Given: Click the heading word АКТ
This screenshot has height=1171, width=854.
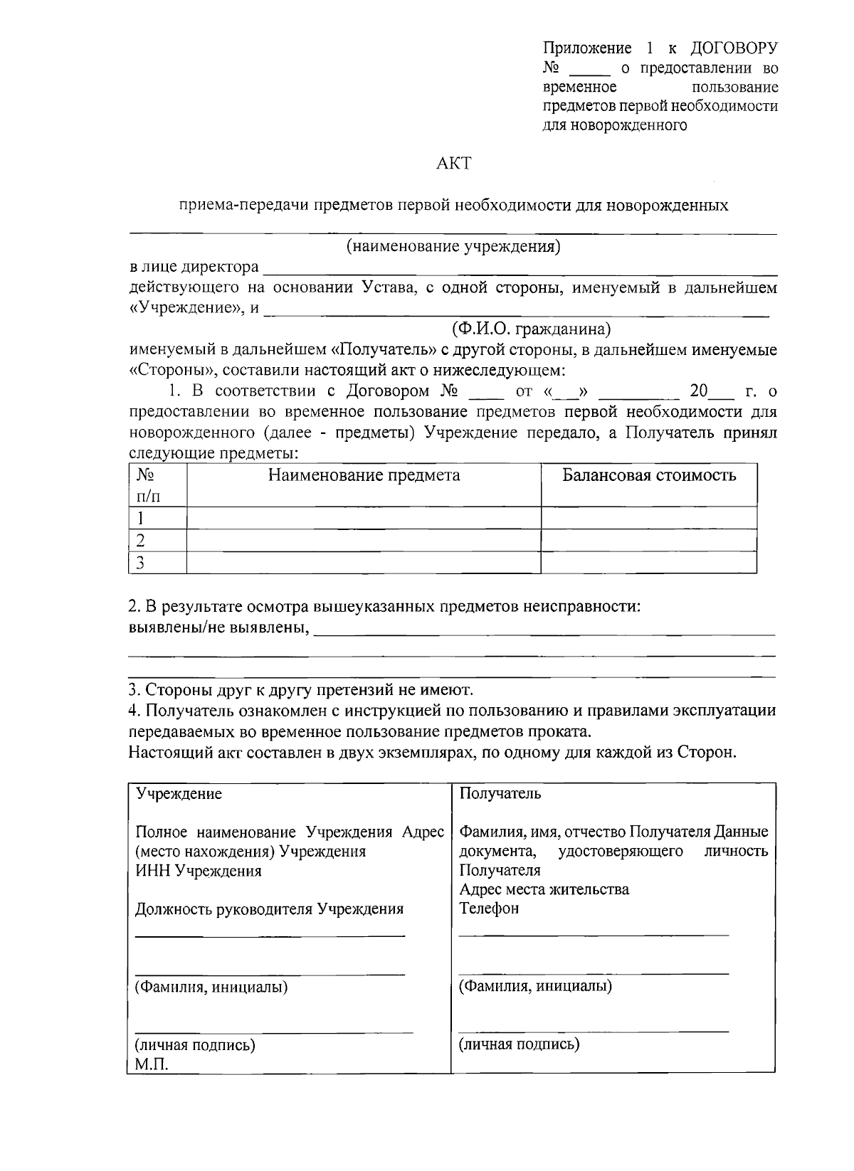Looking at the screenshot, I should [453, 164].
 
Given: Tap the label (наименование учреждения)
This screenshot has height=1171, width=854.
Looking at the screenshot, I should [453, 247].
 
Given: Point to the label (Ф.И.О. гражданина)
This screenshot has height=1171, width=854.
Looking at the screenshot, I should [531, 329].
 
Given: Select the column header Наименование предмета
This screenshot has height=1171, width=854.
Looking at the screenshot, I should [364, 475].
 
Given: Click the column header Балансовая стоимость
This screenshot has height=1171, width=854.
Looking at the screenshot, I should [648, 475].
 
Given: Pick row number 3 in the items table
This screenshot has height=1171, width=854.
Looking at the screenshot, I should [141, 563].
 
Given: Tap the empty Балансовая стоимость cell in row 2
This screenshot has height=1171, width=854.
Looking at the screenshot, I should [648, 541].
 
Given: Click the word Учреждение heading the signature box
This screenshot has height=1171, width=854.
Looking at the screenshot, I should [179, 794].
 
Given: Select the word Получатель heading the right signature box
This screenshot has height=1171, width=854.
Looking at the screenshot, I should [500, 794].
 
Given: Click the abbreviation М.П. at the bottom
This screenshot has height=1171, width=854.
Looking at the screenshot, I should [152, 1064].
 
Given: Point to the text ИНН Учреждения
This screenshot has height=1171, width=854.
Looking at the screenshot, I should [198, 871].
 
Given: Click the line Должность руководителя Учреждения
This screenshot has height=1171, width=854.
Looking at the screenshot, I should [269, 909].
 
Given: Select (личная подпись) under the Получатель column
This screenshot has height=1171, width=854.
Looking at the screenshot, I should [518, 1044].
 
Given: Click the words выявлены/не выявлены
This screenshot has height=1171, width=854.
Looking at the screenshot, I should [218, 628].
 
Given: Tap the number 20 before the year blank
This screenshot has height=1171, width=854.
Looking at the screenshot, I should [700, 391].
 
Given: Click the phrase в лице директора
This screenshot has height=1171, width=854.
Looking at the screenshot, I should [194, 267].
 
